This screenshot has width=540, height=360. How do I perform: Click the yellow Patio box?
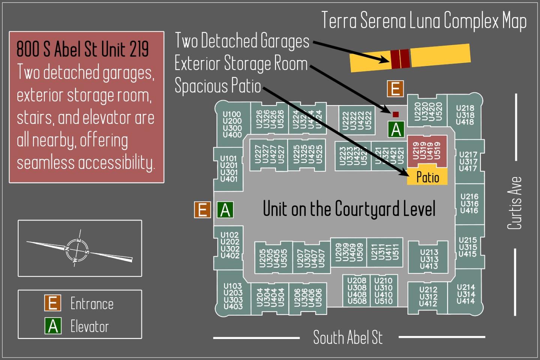(427, 177)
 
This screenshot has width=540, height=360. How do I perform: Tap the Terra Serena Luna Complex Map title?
(424, 21)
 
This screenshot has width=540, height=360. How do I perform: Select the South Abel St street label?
(348, 337)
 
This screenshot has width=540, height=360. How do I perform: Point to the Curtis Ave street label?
(514, 203)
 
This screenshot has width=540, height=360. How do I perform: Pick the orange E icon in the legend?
(52, 303)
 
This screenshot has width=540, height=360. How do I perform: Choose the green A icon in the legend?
(53, 326)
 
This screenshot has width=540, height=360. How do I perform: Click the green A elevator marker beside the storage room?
(396, 130)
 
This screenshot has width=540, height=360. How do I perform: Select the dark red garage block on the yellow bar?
(400, 59)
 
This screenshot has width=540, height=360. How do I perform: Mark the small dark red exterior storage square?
(396, 114)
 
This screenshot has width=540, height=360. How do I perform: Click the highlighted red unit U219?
(427, 151)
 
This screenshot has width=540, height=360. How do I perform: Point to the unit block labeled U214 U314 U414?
(465, 294)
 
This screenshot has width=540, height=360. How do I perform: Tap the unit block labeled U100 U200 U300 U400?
(232, 124)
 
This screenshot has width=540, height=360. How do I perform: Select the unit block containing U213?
(429, 259)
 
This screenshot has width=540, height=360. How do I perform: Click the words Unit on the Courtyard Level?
(349, 209)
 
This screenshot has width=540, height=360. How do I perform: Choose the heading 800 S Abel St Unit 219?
(82, 49)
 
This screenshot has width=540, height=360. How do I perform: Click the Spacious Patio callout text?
(217, 85)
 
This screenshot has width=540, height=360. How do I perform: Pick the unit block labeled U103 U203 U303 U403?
(233, 296)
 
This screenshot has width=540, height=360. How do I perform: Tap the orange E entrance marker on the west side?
(202, 210)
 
